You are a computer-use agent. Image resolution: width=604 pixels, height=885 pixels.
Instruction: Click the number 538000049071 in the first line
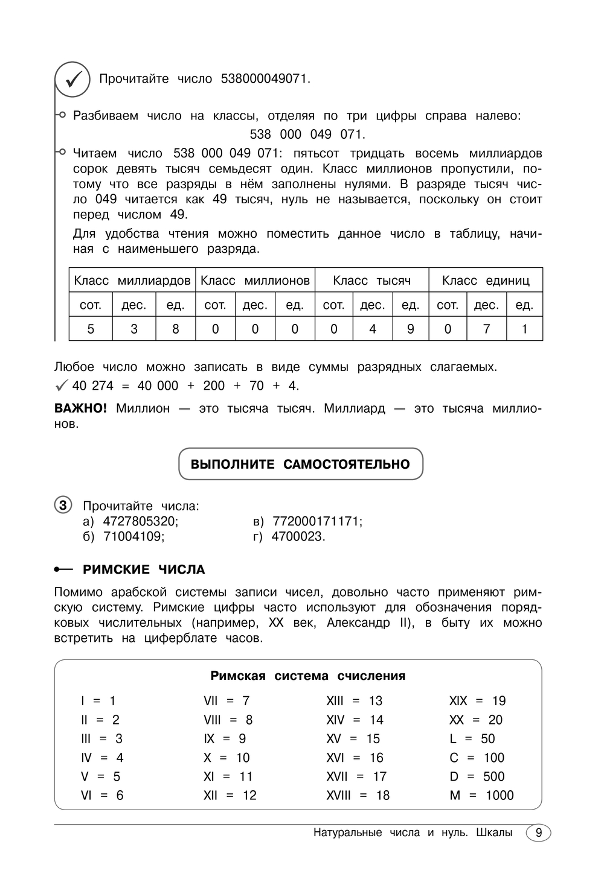(x=265, y=79)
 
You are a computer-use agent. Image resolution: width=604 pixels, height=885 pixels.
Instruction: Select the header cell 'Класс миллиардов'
(x=132, y=281)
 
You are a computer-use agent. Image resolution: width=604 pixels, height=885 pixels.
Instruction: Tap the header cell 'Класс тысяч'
(x=372, y=281)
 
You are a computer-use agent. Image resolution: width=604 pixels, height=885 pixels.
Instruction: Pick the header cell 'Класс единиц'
(x=486, y=281)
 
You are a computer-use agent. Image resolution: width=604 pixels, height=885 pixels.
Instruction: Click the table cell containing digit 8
(x=176, y=329)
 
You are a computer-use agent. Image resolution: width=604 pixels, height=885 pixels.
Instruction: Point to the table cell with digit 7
(x=486, y=329)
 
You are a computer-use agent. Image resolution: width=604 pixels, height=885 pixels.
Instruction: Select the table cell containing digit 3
(x=134, y=329)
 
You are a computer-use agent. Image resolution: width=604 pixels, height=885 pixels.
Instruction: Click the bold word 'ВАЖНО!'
(x=80, y=408)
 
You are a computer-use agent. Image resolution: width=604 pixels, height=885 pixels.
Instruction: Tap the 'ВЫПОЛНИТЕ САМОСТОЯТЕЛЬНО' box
(x=300, y=464)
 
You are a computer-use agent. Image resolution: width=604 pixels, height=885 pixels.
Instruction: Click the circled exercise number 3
(x=63, y=505)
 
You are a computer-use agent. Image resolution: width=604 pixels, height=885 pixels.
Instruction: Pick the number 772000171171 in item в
(x=317, y=521)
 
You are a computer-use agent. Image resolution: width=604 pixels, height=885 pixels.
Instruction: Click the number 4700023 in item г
(x=298, y=536)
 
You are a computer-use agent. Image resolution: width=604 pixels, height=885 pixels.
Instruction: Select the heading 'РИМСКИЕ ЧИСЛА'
(x=144, y=569)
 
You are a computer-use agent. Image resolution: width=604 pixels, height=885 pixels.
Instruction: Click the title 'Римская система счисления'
(x=307, y=676)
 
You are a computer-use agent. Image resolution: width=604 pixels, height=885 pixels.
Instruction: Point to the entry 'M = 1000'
(x=481, y=796)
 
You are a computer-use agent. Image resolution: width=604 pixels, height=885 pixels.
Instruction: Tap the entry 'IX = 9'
(x=225, y=739)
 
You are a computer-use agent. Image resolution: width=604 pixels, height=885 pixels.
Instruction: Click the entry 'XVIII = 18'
(x=358, y=796)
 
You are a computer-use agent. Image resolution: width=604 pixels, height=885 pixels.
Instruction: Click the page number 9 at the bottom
(x=539, y=833)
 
